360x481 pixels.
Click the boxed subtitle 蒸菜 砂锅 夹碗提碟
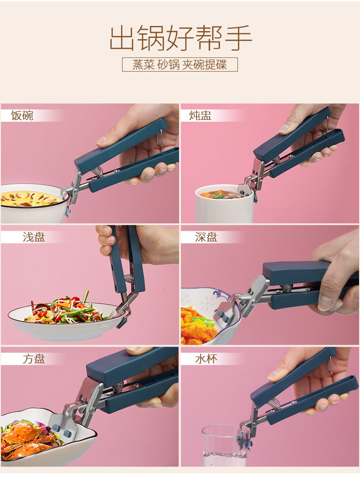[180, 64]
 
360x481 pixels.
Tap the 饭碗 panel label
[22, 116]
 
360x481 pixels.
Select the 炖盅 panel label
[200, 116]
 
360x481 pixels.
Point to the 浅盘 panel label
[34, 237]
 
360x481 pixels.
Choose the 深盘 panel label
[206, 237]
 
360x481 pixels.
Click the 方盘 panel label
[34, 359]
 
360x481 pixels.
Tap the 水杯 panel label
[206, 359]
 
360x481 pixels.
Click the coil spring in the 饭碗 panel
[98, 171]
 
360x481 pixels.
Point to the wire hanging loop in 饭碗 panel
[159, 138]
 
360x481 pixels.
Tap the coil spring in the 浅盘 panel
[129, 279]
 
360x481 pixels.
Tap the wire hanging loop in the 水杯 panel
[329, 365]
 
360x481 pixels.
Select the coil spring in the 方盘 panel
[118, 388]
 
